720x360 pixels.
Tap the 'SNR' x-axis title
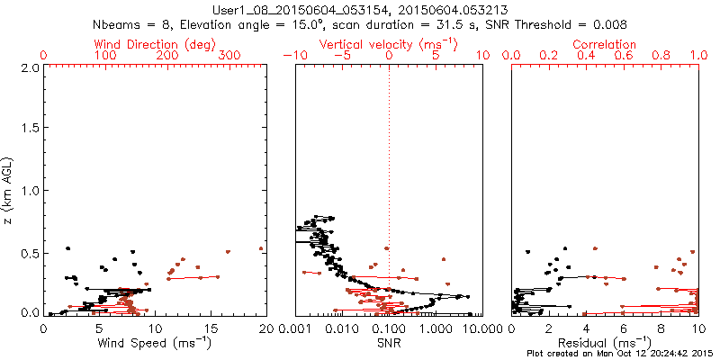388,343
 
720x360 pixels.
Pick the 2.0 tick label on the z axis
28,67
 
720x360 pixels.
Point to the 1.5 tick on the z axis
28,130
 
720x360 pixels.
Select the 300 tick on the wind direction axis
229,56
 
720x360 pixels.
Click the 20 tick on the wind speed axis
265,329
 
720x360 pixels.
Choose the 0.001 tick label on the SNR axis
296,329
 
